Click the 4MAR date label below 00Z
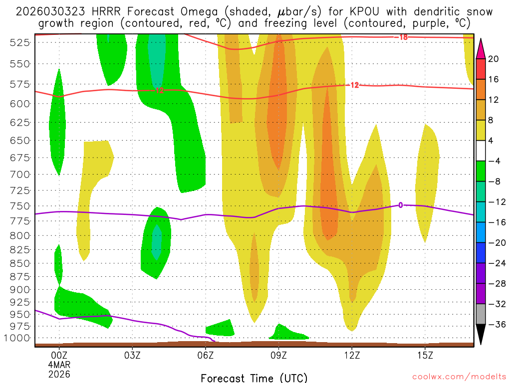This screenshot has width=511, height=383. pyautogui.click(x=59, y=365)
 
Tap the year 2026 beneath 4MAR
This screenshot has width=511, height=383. pyautogui.click(x=59, y=374)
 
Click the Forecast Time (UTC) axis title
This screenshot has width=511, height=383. pyautogui.click(x=254, y=378)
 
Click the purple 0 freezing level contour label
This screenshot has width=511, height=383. pyautogui.click(x=400, y=205)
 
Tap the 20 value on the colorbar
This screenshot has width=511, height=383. pyautogui.click(x=494, y=59)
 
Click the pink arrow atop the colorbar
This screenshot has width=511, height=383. pyautogui.click(x=481, y=48)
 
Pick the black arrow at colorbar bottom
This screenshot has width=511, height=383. pyautogui.click(x=481, y=335)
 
